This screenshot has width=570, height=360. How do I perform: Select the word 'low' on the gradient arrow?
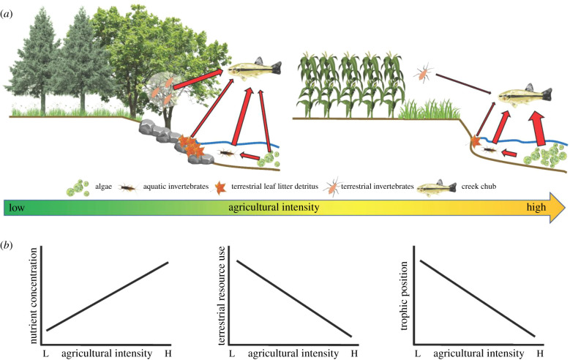[15, 208]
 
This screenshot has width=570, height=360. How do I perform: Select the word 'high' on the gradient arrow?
[536, 208]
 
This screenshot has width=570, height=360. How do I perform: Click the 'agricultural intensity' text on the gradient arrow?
[273, 208]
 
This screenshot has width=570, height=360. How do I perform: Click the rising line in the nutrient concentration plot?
[108, 296]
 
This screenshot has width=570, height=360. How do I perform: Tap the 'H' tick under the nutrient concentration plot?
[170, 354]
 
